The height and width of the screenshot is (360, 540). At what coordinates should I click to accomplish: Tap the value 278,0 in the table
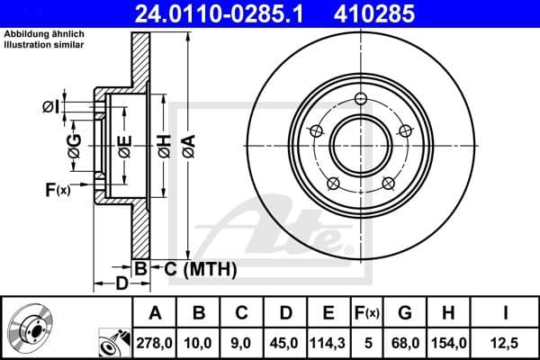[155, 341]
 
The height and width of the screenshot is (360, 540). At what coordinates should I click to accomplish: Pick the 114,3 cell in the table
[328, 341]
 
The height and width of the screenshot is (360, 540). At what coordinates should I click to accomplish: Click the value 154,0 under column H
[450, 341]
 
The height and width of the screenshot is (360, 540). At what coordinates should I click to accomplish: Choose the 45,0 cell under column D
[285, 341]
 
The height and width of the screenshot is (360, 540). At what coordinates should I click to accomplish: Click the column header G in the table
[407, 312]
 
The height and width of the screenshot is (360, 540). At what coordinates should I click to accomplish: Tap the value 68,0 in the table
[407, 341]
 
